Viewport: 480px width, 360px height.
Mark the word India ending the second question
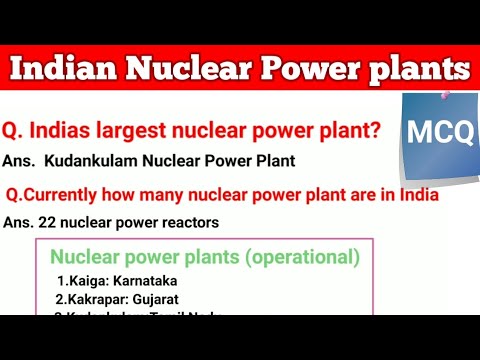[x=419, y=194]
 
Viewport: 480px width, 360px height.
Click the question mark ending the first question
[x=374, y=129]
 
